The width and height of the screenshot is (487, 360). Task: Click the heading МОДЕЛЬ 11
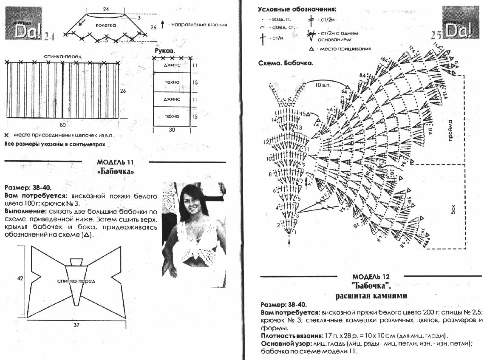116,162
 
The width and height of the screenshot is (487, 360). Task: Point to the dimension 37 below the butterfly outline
77,325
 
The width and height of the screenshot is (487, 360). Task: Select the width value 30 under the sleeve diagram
172,130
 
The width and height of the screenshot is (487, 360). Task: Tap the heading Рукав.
164,50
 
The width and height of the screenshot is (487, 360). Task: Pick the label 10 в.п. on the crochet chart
324,85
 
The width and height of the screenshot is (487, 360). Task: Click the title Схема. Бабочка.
286,63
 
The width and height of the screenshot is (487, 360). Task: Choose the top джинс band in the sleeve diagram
172,65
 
